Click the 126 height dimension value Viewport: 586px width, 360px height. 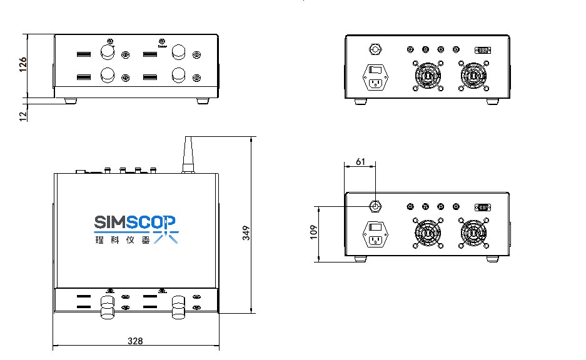click(x=23, y=65)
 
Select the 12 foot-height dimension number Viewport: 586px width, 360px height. click(x=23, y=116)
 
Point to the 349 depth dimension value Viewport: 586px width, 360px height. click(x=246, y=232)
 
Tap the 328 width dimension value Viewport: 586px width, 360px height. click(x=135, y=341)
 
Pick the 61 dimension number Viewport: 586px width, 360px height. click(x=360, y=162)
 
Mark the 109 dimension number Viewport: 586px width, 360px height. click(x=314, y=232)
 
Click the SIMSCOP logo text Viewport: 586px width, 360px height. click(x=136, y=221)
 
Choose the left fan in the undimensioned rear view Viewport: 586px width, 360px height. click(x=428, y=76)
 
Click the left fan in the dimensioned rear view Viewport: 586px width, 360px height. click(x=428, y=233)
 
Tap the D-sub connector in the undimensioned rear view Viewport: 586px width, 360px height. click(x=483, y=49)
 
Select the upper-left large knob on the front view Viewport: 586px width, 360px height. click(x=108, y=51)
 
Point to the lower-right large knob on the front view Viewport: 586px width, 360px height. click(x=179, y=76)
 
